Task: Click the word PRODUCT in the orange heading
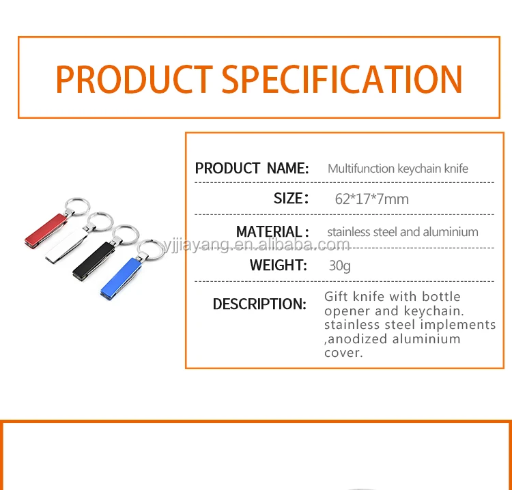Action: (x=134, y=79)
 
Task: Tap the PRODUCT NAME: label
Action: (x=251, y=169)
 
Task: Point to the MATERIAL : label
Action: (x=272, y=232)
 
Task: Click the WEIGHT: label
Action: (x=279, y=265)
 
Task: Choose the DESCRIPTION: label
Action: (x=259, y=304)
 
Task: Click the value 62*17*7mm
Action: (x=371, y=199)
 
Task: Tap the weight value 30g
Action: (x=339, y=265)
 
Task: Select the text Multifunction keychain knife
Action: (x=397, y=169)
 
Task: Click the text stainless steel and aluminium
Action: (x=402, y=232)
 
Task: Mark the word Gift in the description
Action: (x=337, y=297)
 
